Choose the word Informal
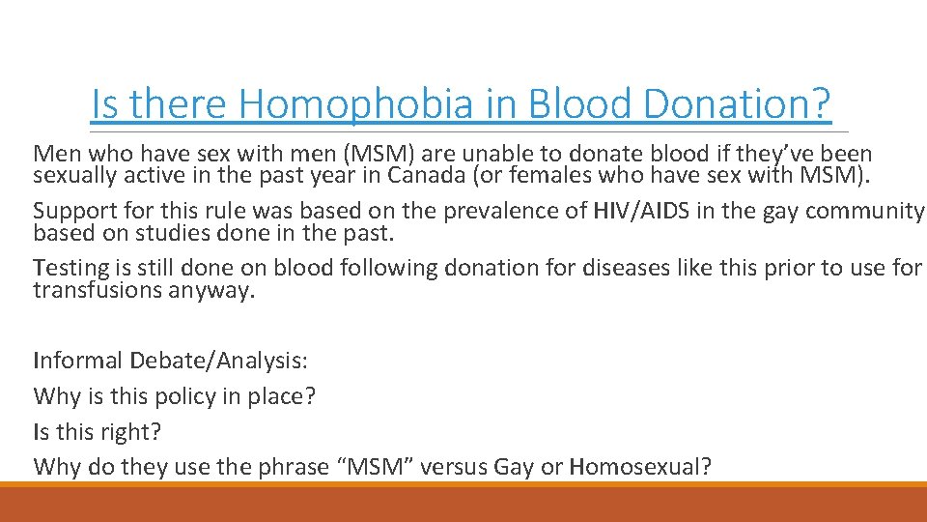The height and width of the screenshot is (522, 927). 76,362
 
